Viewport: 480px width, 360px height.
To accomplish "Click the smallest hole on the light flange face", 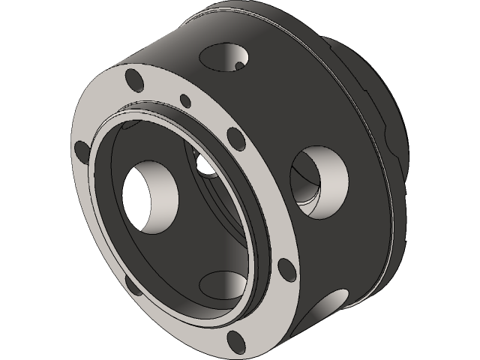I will tap(184, 98).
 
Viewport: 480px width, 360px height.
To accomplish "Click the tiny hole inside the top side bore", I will tap(239, 66).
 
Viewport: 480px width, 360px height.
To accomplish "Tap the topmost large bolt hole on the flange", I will tap(134, 78).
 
